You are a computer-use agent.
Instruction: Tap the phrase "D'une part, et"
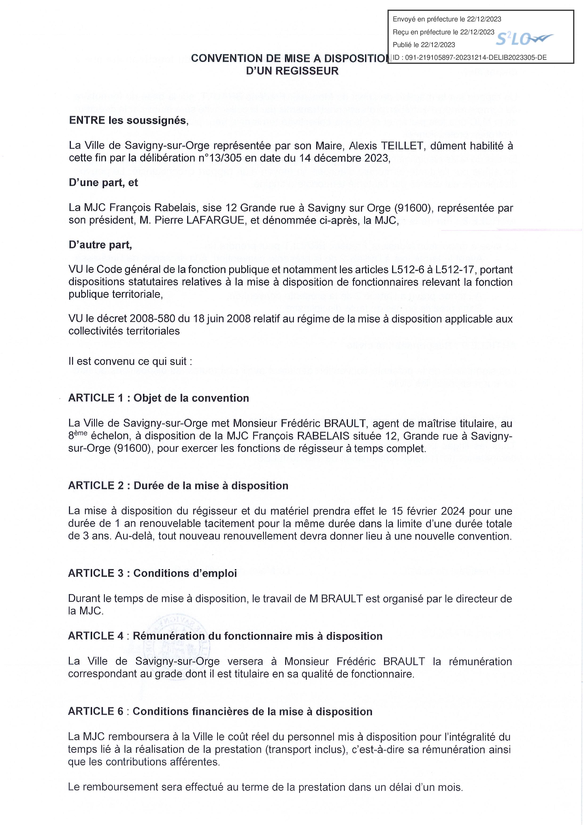point(104,183)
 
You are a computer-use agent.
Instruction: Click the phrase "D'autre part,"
point(100,245)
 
